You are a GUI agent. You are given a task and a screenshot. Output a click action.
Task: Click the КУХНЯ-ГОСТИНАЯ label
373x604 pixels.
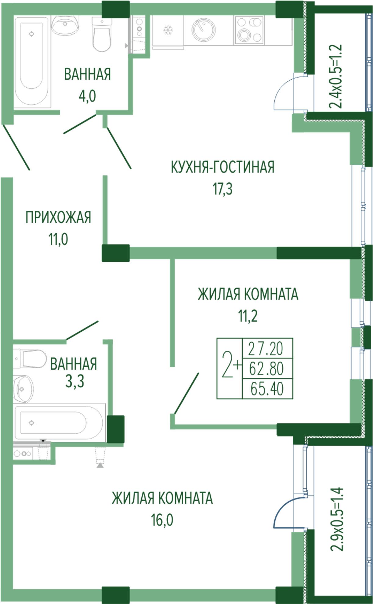pyautogui.click(x=222, y=167)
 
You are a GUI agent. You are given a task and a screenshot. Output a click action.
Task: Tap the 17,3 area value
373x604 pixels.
pyautogui.click(x=223, y=189)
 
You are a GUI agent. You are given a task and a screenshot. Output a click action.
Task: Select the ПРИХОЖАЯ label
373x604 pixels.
pyautogui.click(x=58, y=218)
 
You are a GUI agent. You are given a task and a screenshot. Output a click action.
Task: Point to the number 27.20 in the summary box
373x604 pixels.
pyautogui.click(x=266, y=349)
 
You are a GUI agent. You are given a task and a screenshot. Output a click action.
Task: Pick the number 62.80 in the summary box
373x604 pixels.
pyautogui.click(x=266, y=369)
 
